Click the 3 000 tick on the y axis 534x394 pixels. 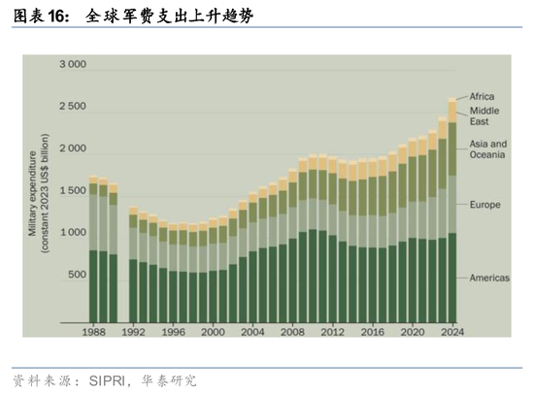tap(73, 65)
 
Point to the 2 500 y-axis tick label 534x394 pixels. tap(73, 106)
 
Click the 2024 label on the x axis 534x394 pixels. tap(451, 332)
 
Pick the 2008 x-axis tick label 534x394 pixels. tap(293, 332)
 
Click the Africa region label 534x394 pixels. tap(483, 97)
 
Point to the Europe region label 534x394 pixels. tap(485, 207)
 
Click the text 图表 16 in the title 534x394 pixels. tap(42, 16)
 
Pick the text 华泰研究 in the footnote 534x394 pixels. tap(169, 380)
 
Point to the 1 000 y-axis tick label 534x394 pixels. tap(73, 233)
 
